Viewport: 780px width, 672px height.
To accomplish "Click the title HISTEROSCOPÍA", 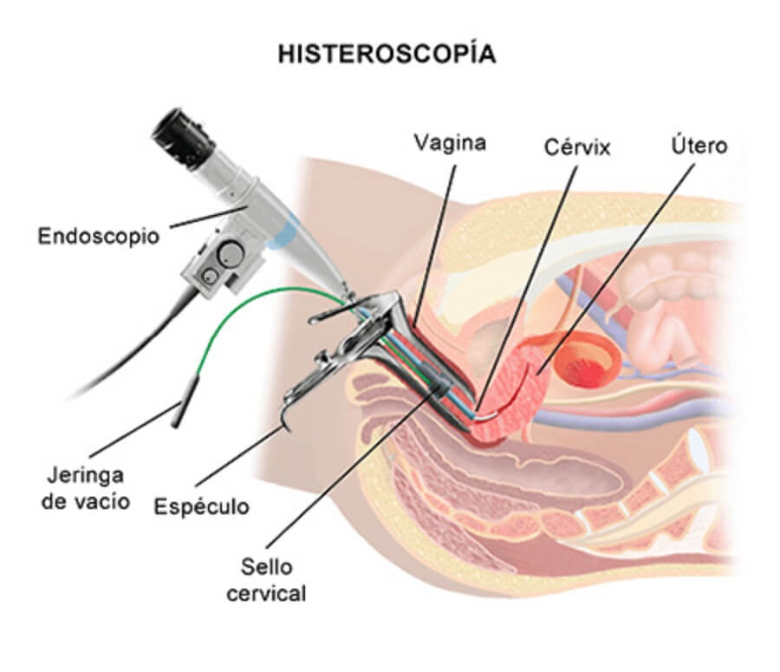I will click(387, 54).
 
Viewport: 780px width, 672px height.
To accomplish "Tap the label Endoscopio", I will click(99, 236).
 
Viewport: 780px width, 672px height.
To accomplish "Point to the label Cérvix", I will click(577, 147).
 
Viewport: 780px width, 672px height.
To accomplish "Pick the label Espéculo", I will click(201, 506).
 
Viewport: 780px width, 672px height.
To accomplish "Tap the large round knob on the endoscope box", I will click(231, 255).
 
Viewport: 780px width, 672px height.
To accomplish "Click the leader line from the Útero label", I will click(624, 260).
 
